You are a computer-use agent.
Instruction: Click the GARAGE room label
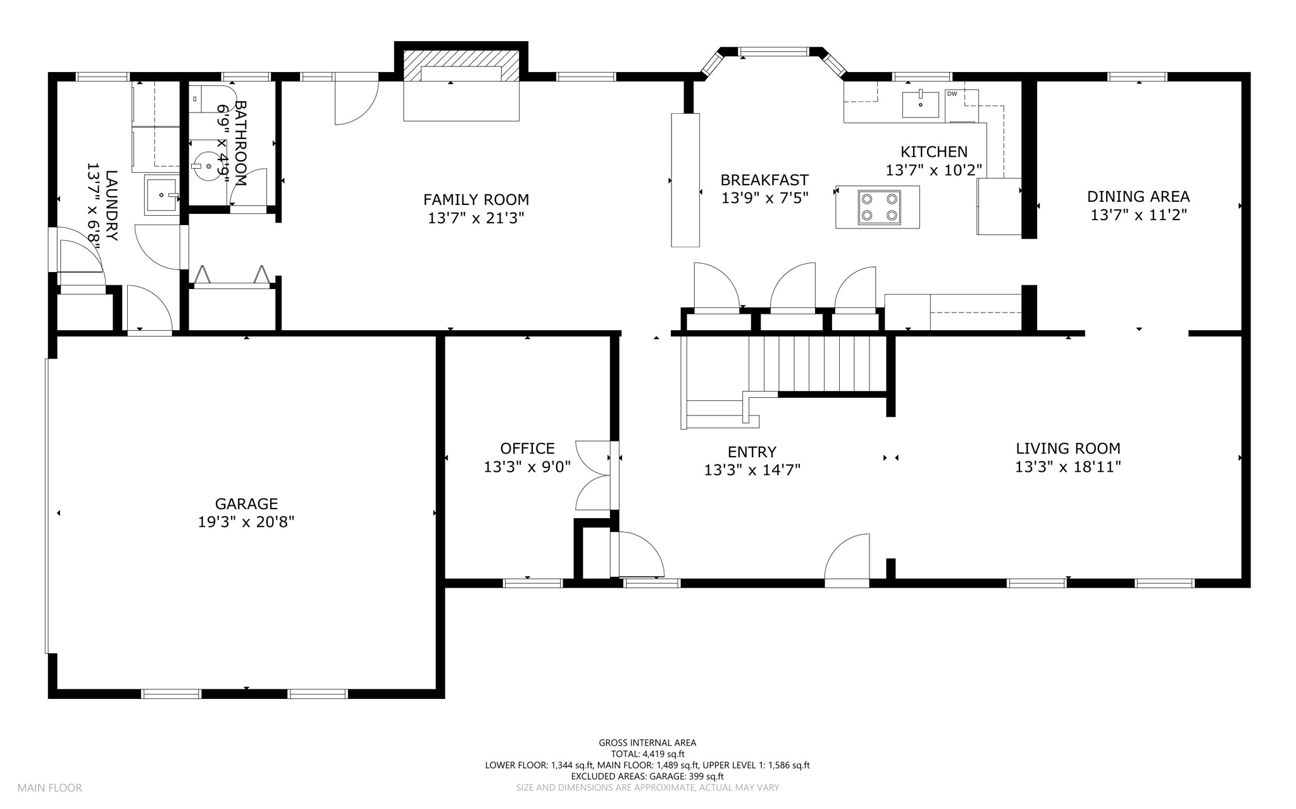point(246,503)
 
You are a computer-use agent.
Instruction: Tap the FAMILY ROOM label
point(476,200)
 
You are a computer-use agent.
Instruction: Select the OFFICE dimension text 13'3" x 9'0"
point(527,467)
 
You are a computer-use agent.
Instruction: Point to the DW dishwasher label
point(951,94)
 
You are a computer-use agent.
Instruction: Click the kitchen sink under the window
point(920,104)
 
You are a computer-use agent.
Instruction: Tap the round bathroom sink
point(208,166)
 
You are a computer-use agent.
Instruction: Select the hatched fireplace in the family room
point(461,65)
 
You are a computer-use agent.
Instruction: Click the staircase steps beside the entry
point(818,364)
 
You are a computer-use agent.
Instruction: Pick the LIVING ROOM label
point(1068,448)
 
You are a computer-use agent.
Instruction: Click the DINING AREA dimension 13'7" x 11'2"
point(1138,215)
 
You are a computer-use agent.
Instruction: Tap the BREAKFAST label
point(764,180)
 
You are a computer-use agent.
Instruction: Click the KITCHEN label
point(934,152)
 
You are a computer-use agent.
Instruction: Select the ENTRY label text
point(752,452)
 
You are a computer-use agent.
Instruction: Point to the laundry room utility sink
point(163,195)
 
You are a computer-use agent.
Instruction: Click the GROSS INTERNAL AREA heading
point(647,743)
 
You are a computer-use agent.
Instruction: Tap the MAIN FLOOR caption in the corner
point(49,788)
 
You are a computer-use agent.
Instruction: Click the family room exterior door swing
point(356,99)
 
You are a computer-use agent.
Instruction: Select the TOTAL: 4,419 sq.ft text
point(647,754)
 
